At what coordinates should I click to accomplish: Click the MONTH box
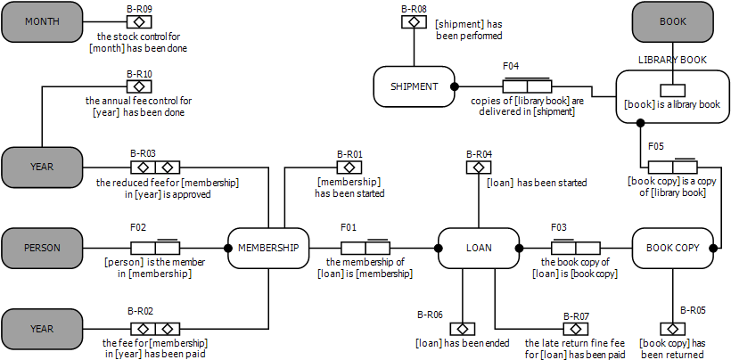(41, 22)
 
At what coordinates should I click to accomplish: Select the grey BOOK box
(672, 22)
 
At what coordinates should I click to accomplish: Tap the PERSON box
(41, 248)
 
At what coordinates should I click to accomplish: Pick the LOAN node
(479, 248)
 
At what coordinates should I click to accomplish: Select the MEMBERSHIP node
(268, 248)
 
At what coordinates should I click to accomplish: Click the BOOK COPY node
(673, 248)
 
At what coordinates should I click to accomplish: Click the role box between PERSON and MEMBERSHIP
(155, 248)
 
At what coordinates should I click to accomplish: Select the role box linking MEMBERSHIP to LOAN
(365, 248)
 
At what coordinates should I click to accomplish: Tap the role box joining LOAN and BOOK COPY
(575, 248)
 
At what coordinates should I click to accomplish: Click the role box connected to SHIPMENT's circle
(527, 86)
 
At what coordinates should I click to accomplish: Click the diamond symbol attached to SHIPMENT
(413, 21)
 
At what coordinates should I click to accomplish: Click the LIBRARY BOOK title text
(672, 60)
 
